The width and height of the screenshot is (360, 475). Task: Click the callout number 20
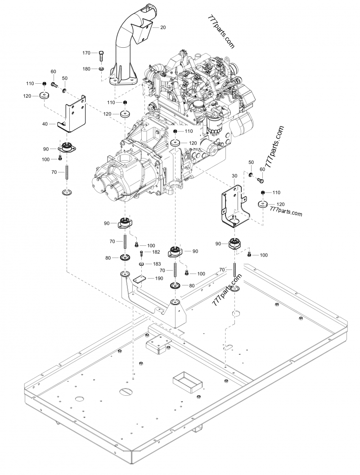point(163,27)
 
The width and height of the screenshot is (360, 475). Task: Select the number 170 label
point(86,53)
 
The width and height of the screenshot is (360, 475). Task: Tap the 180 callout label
point(86,68)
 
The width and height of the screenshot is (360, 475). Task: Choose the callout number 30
point(234,176)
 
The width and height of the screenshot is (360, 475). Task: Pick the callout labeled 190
point(159,279)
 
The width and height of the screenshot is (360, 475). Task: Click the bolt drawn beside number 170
point(101,55)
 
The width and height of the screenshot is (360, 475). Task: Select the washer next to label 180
point(102,68)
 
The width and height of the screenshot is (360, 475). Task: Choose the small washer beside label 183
point(141,264)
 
